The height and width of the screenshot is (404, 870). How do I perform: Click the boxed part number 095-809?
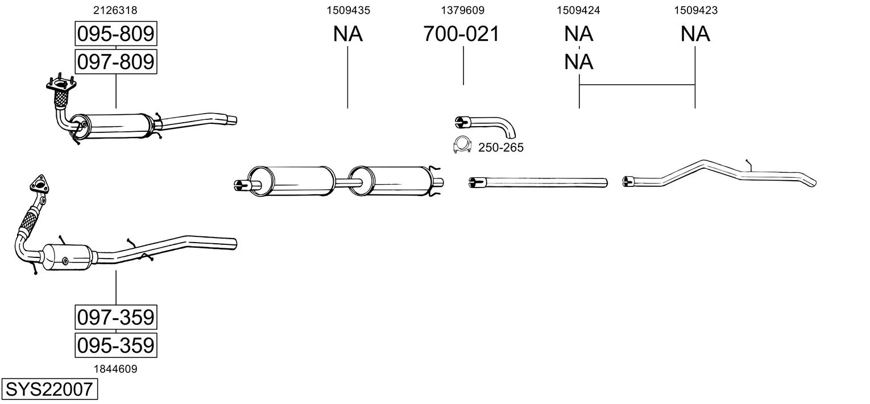point(115,34)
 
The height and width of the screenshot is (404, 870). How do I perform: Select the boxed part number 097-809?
point(115,61)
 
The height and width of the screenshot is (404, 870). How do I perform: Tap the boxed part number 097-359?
point(115,316)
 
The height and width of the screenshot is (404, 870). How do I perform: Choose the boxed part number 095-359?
point(115,345)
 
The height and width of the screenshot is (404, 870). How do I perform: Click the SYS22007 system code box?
point(49,390)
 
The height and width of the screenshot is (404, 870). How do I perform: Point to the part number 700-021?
point(461,34)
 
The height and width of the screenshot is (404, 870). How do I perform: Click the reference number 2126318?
point(115,10)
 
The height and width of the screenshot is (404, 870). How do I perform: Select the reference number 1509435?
point(348,10)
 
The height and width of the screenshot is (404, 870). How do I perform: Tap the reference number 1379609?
point(463,10)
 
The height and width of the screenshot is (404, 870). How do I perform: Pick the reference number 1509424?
point(578,10)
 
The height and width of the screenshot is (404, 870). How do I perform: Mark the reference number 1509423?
point(695,10)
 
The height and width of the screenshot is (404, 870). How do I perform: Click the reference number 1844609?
point(115,369)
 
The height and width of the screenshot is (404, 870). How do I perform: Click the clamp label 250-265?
point(500,148)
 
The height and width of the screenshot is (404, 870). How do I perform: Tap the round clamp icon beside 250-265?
point(462,146)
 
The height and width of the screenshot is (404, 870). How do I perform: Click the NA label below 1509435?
point(348,34)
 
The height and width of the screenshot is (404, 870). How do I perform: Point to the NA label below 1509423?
point(695,34)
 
